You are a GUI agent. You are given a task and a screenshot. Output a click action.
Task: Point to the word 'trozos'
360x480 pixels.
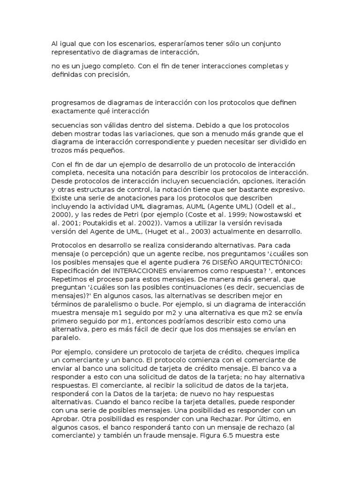tap(61, 150)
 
